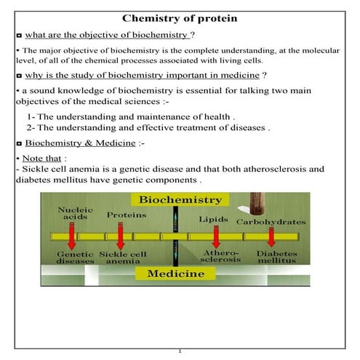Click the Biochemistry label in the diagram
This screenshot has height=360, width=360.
181,199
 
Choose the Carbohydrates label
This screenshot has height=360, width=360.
271,220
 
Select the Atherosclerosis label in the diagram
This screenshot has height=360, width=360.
216,256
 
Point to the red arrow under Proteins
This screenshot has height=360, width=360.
121,237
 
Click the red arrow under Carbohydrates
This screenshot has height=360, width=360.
271,237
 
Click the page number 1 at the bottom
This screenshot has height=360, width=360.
180,352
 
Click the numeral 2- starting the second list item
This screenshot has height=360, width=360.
31,127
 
